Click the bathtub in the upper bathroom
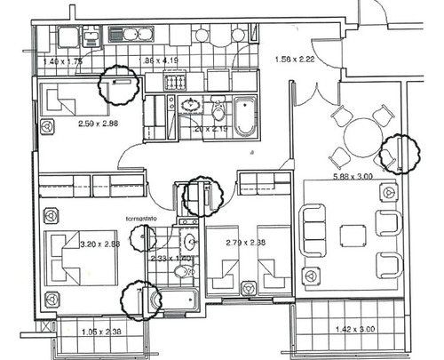(243, 116)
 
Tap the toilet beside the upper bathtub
(218, 111)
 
